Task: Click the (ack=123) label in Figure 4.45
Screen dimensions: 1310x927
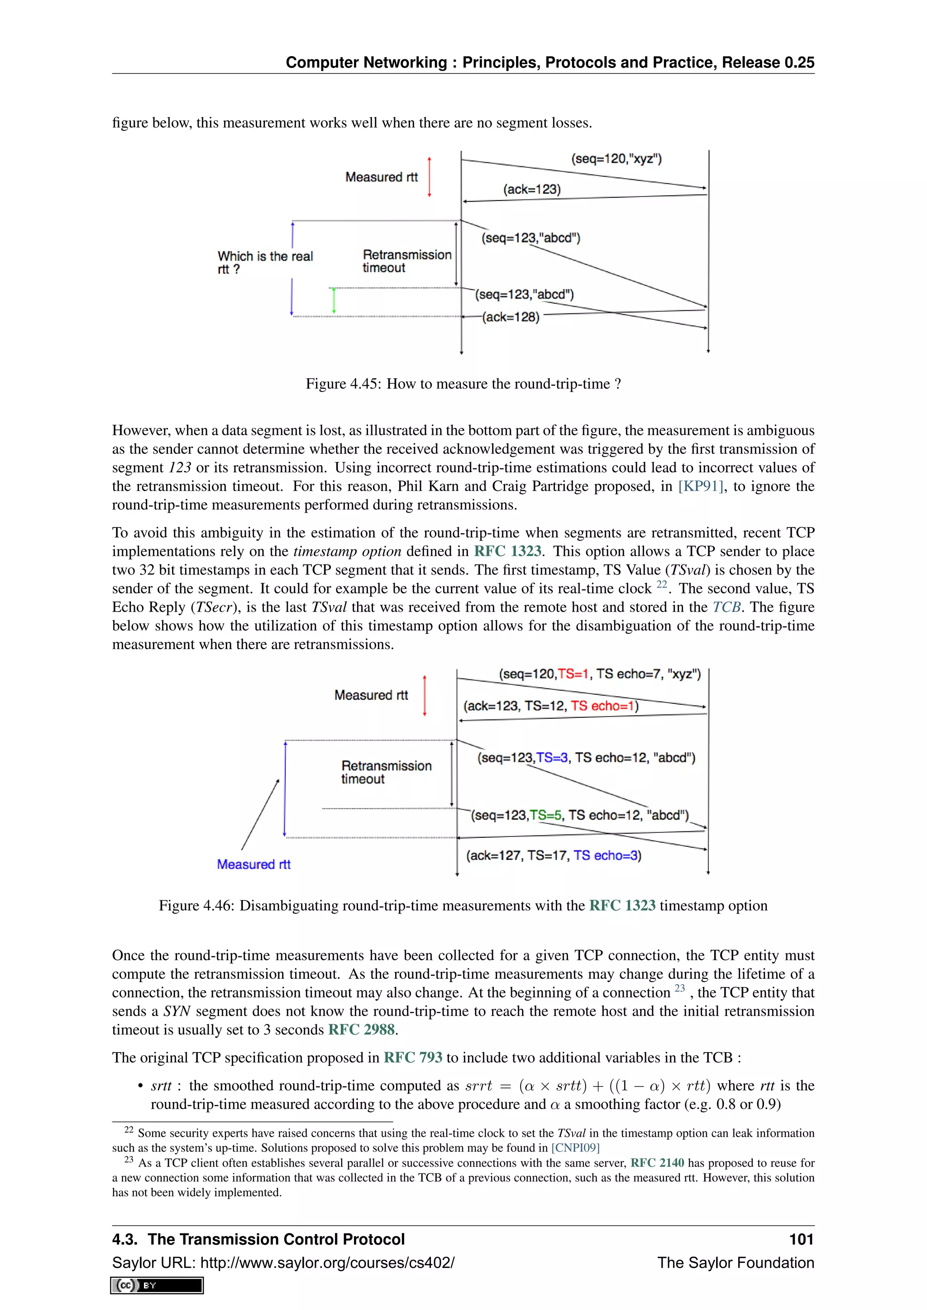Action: (x=531, y=190)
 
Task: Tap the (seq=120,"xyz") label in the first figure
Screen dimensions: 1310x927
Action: (x=616, y=159)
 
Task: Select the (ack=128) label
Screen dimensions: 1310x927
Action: (x=511, y=317)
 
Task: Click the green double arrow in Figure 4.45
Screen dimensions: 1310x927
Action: (x=334, y=301)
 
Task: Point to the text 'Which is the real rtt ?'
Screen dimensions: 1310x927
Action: (x=265, y=262)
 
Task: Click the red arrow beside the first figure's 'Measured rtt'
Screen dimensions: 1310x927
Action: (x=429, y=177)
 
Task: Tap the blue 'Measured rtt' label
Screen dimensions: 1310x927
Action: (x=253, y=864)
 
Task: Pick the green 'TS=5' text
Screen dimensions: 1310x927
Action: (x=545, y=815)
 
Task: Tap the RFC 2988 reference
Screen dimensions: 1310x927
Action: (x=361, y=1030)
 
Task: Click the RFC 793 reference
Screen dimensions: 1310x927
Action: (x=413, y=1058)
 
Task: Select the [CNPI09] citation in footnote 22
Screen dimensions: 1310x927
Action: (x=575, y=1148)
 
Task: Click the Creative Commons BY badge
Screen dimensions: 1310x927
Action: (x=157, y=1286)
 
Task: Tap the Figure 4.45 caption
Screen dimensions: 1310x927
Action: (x=463, y=384)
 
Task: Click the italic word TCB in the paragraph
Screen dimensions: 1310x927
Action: (x=726, y=607)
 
